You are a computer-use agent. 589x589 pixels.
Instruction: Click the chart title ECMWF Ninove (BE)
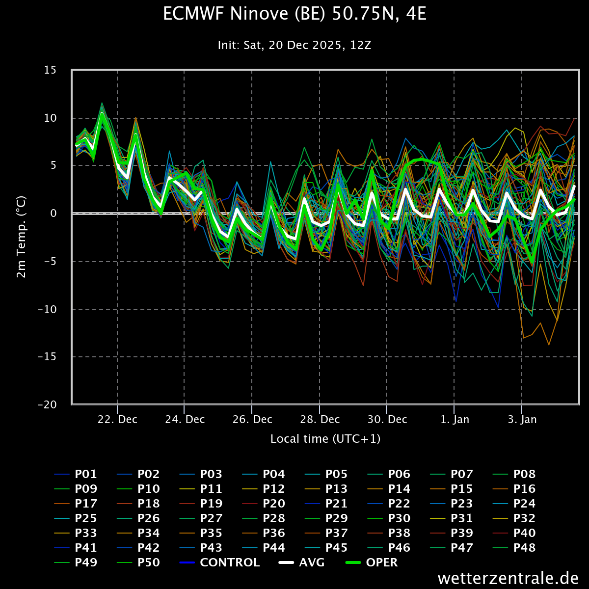[294, 14]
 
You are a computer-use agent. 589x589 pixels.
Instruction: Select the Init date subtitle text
[294, 46]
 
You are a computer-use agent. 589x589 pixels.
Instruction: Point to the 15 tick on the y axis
[50, 70]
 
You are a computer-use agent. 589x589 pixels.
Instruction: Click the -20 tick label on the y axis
[47, 405]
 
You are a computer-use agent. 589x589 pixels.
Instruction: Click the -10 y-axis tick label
[47, 309]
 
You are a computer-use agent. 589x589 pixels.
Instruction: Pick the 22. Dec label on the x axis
[118, 420]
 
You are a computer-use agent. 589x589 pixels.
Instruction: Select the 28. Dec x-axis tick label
[320, 420]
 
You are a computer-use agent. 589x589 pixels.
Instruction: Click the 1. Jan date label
[455, 420]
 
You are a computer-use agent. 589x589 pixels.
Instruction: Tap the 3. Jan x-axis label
[522, 420]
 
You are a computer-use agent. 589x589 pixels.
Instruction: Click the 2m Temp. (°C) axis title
[21, 237]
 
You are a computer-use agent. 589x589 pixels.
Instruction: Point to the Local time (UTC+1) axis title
[325, 439]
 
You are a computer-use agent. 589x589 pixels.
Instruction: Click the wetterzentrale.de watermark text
[508, 578]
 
